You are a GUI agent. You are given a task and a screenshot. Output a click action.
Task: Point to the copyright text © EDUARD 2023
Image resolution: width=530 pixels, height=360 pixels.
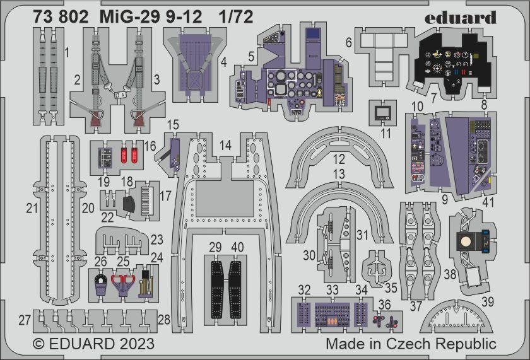coord(93,344)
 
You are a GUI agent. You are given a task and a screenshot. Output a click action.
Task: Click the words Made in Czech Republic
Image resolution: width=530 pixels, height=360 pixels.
coord(411,344)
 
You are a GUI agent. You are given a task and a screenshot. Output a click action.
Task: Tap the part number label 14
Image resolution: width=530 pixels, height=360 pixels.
coord(225,145)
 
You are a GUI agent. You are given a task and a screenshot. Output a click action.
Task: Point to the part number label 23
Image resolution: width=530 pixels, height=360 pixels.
coord(156,240)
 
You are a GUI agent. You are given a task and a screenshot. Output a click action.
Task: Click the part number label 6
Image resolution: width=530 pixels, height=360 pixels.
coord(348,42)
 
